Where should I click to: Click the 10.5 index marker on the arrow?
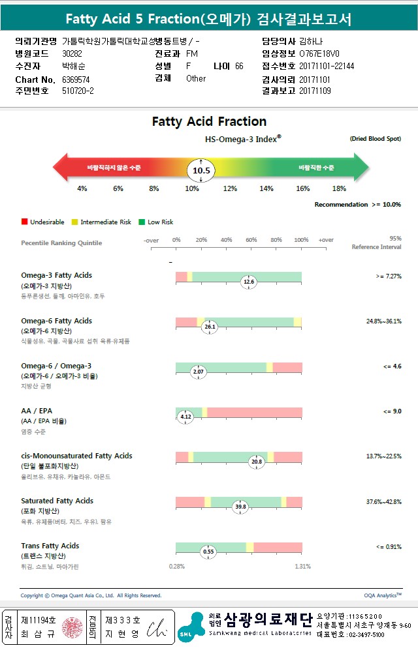pyautogui.click(x=201, y=171)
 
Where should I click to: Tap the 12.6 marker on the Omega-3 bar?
pyautogui.click(x=248, y=282)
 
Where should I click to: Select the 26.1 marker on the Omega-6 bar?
pyautogui.click(x=210, y=326)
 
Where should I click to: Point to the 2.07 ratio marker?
pyautogui.click(x=199, y=372)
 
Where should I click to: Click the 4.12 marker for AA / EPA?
pyautogui.click(x=185, y=417)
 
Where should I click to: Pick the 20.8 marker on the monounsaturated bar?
pyautogui.click(x=257, y=462)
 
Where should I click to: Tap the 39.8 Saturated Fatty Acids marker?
pyautogui.click(x=241, y=506)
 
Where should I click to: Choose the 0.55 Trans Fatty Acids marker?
pyautogui.click(x=208, y=552)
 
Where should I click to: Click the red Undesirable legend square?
pyautogui.click(x=24, y=222)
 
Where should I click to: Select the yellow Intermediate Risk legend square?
pyautogui.click(x=74, y=222)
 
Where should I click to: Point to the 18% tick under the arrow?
pyautogui.click(x=339, y=188)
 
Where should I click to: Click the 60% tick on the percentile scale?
pyautogui.click(x=251, y=241)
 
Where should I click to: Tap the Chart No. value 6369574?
pyautogui.click(x=76, y=80)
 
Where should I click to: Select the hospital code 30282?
pyautogui.click(x=72, y=53)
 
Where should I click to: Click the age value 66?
pyautogui.click(x=239, y=66)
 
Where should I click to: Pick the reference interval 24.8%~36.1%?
pyautogui.click(x=383, y=321)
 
